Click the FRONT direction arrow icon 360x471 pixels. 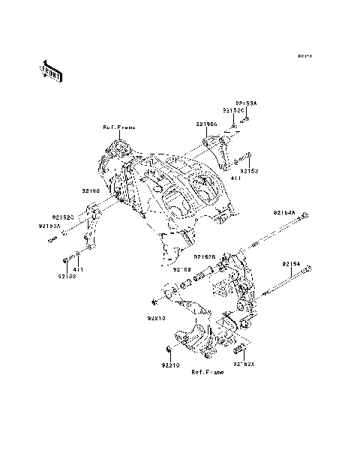[x=51, y=70]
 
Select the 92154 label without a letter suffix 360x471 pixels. [x=292, y=264]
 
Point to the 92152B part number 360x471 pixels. [x=205, y=256]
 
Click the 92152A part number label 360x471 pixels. [x=245, y=365]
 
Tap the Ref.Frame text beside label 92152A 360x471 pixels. [x=206, y=372]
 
